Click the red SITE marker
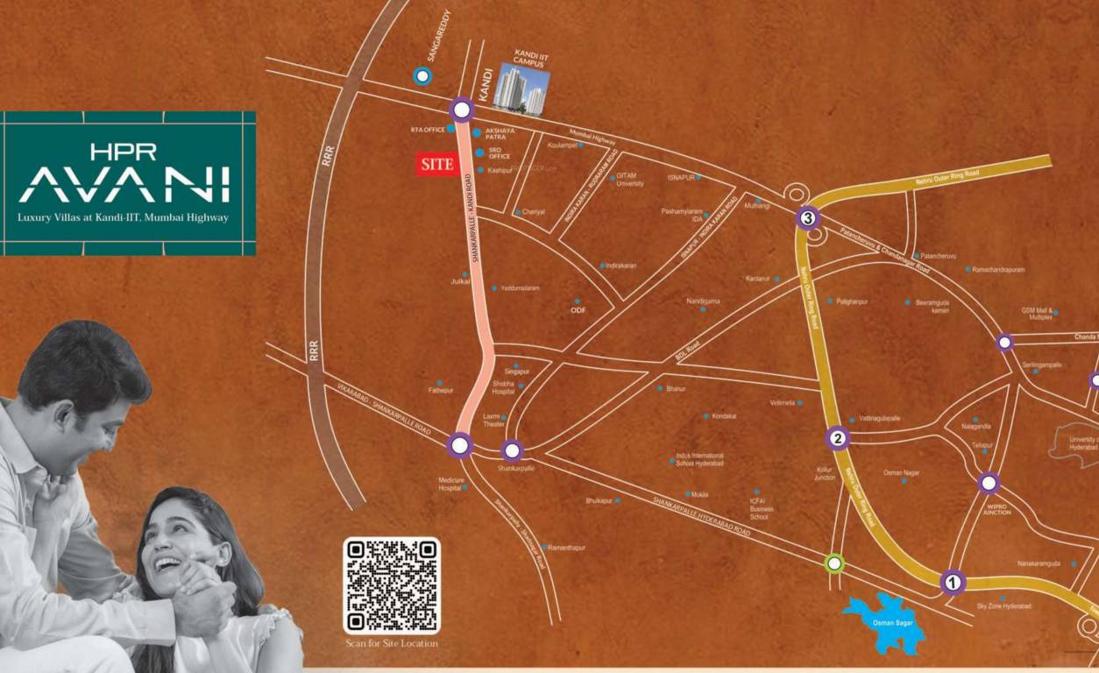point(436,165)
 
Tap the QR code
point(391,585)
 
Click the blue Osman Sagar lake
point(885,622)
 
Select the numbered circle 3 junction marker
point(808,218)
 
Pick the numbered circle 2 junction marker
point(838,439)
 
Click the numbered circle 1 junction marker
point(953,581)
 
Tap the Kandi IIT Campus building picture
point(522,89)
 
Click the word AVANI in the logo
point(124,184)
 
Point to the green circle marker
point(835,563)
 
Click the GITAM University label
point(630,180)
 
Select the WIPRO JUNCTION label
point(996,508)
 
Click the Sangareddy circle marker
point(423,76)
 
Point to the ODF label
point(578,309)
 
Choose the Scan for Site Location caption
point(391,644)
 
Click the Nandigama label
point(703,301)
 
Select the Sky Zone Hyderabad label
point(1003,606)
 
